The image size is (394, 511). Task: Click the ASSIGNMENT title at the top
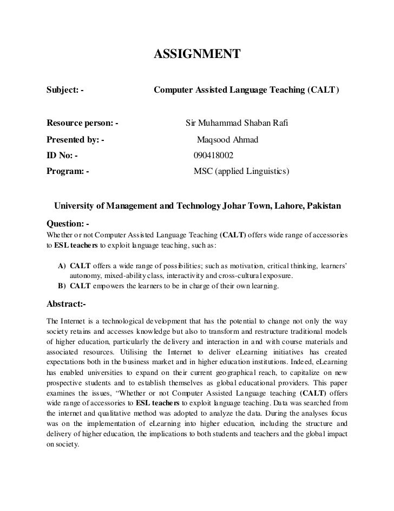click(196, 54)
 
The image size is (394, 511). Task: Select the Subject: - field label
click(65, 88)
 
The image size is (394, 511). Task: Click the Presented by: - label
click(75, 140)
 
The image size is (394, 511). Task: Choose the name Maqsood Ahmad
click(227, 140)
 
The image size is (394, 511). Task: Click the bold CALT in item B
click(80, 286)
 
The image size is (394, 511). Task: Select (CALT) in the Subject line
click(323, 88)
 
